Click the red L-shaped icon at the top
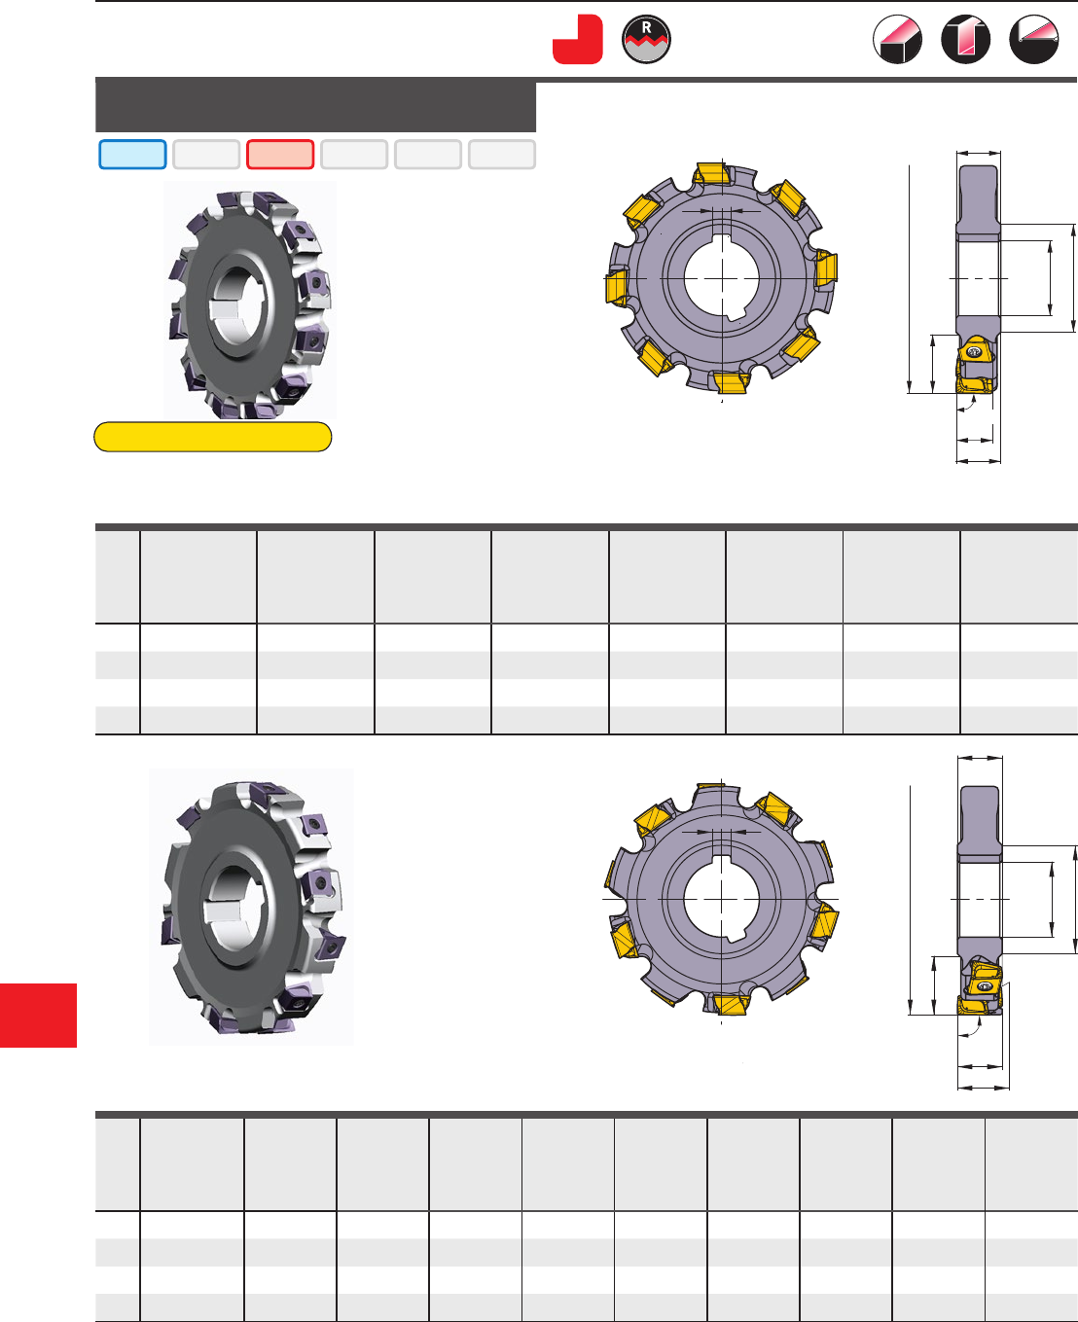[577, 39]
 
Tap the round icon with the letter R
[646, 39]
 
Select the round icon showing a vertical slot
[966, 39]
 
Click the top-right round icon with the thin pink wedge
[1034, 39]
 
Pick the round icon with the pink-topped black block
[897, 39]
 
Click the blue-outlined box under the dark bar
[132, 155]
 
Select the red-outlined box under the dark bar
[280, 155]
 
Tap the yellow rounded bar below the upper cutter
[213, 436]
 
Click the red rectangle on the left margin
[38, 1015]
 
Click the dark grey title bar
[315, 105]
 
